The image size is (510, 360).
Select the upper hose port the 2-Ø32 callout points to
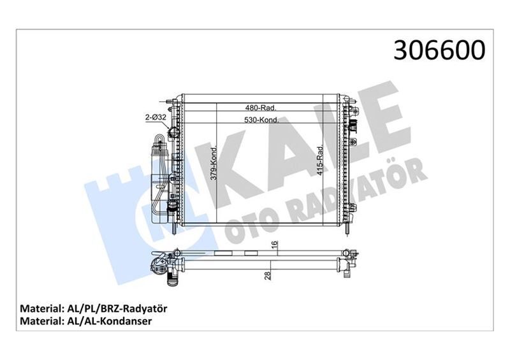[171, 133]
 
